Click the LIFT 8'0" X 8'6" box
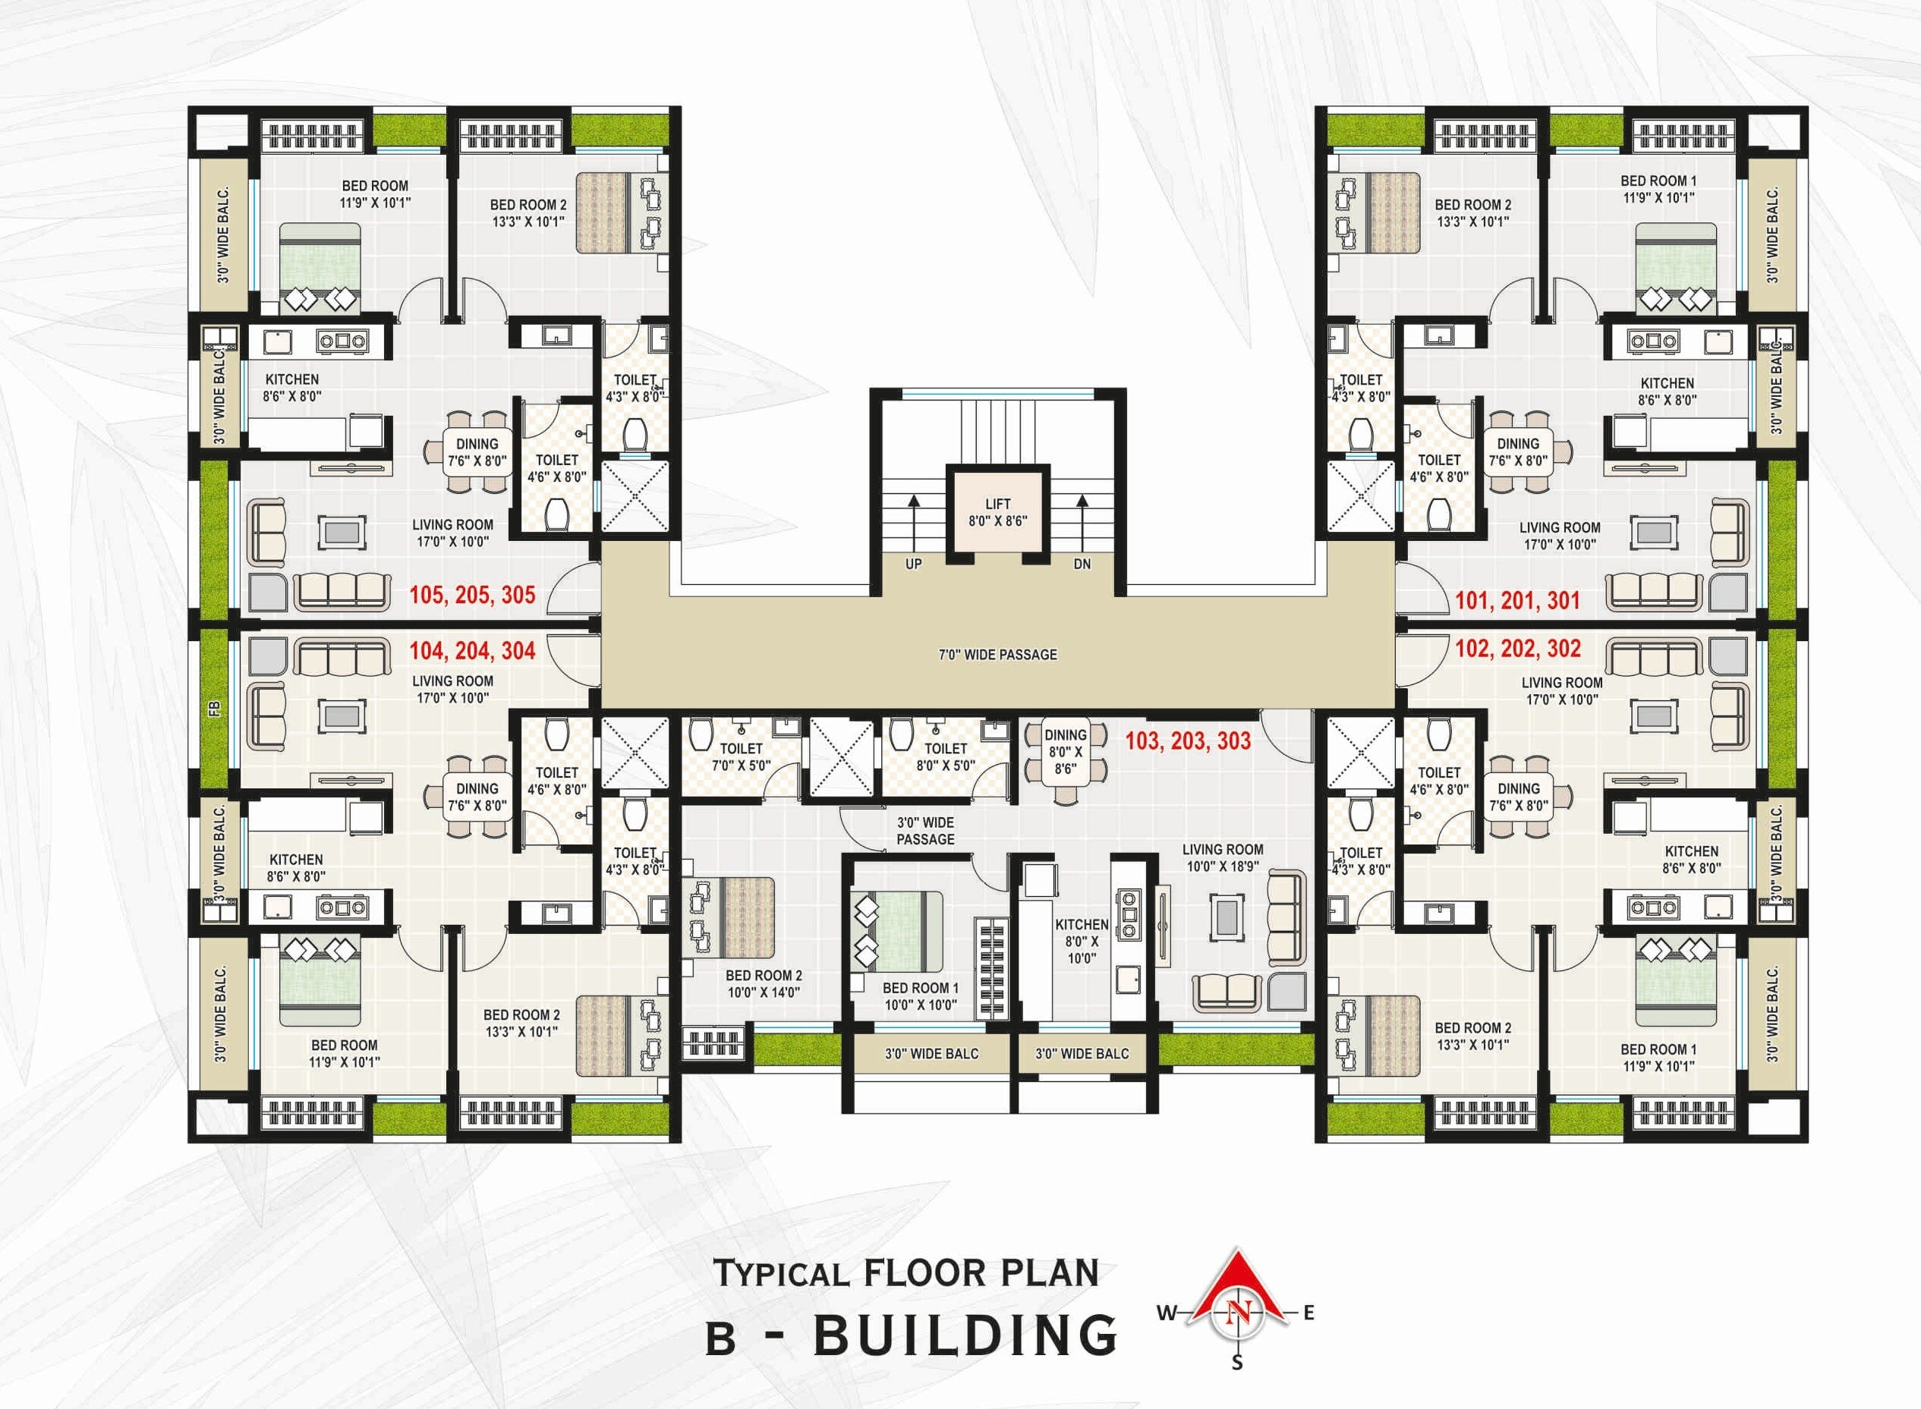tap(997, 511)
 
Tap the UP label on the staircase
tap(913, 564)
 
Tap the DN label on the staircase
tap(1082, 564)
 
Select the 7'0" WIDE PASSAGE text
tap(997, 654)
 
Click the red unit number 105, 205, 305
tap(472, 594)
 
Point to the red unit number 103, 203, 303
tap(1187, 741)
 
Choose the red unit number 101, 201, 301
tap(1516, 599)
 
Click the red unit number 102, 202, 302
tap(1516, 648)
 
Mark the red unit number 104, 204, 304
tap(472, 651)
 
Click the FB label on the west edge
tap(215, 708)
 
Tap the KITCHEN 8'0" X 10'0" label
tap(1081, 941)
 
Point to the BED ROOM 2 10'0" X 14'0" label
tap(764, 983)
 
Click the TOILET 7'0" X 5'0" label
tap(741, 756)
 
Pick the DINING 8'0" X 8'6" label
tap(1065, 751)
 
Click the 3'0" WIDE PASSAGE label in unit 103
tap(924, 831)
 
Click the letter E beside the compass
tap(1308, 1313)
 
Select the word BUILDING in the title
tap(965, 1335)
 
